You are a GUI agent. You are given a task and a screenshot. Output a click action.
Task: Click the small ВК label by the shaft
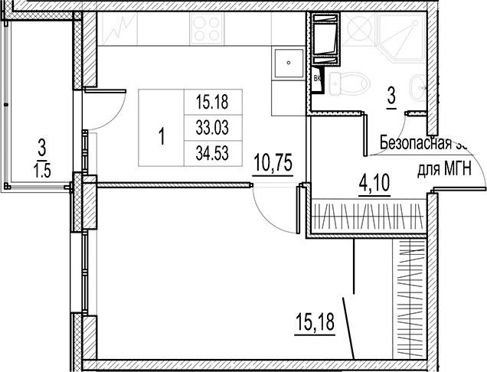(318, 77)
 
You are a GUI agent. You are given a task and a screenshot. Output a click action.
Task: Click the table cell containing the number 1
(162, 138)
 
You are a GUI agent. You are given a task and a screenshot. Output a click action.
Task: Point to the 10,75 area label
(273, 163)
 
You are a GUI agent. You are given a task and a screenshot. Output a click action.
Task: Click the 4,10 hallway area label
(374, 184)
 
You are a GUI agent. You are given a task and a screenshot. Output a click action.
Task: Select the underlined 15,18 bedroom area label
(314, 323)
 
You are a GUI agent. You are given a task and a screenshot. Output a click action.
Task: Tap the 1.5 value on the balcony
(41, 170)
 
